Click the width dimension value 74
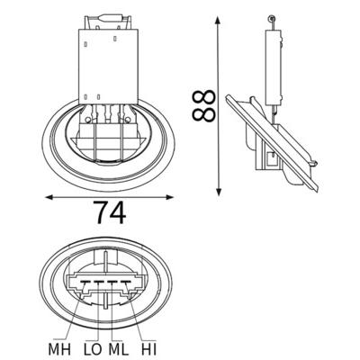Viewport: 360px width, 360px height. pyautogui.click(x=109, y=212)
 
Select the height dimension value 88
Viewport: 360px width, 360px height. pyautogui.click(x=203, y=105)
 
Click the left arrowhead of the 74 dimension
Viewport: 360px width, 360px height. pyautogui.click(x=49, y=197)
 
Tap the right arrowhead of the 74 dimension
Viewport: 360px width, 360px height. pyautogui.click(x=170, y=197)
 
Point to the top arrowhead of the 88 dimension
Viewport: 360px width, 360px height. pyautogui.click(x=219, y=20)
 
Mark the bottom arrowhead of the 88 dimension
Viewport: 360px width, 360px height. pyautogui.click(x=219, y=192)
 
